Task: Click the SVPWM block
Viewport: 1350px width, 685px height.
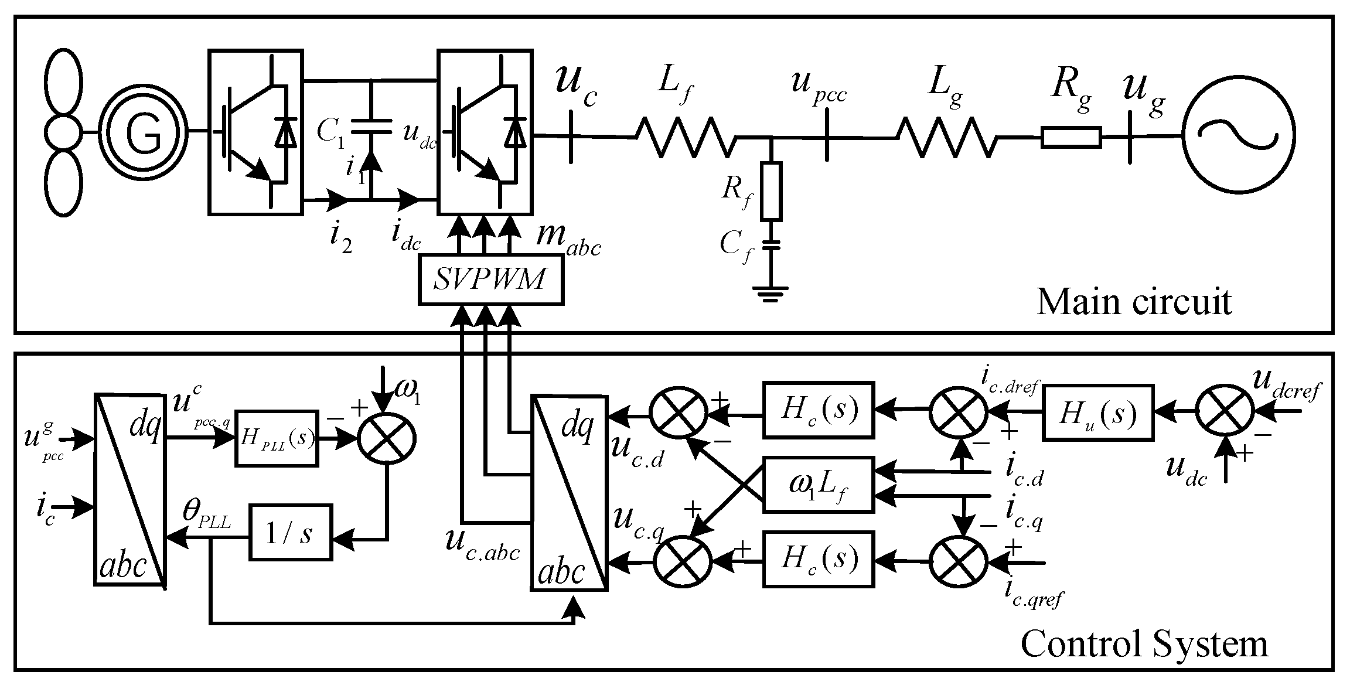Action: pos(491,280)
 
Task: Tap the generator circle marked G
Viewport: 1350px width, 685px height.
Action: pos(142,133)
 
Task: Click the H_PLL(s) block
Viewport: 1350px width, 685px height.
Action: pos(277,438)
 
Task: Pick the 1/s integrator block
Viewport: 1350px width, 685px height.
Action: pos(291,532)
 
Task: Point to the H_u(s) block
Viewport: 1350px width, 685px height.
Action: pos(1098,413)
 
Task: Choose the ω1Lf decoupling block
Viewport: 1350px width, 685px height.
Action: pos(818,485)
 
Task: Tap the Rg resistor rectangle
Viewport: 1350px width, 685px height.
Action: pos(1071,137)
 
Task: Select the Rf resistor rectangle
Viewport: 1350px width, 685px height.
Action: pos(771,192)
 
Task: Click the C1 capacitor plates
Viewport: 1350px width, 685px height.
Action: pos(371,126)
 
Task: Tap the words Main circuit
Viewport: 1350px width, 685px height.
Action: pos(1134,302)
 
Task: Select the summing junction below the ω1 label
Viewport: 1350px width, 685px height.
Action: pos(387,438)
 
